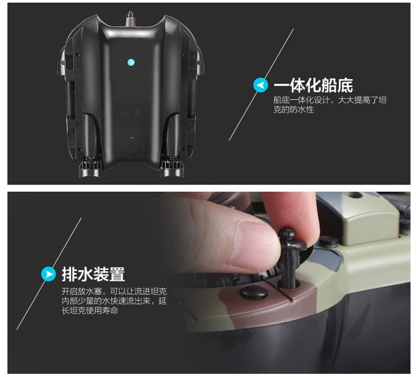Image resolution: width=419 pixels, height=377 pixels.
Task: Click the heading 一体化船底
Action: tap(313, 86)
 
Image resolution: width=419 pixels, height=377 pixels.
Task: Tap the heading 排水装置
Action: tap(93, 274)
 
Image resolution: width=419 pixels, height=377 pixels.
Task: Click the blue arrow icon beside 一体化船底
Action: tap(260, 85)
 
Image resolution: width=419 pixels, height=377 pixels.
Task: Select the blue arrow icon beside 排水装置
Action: tap(49, 274)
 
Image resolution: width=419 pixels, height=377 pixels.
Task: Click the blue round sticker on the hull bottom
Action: tap(131, 62)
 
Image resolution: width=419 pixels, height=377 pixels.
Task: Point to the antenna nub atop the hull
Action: tap(131, 19)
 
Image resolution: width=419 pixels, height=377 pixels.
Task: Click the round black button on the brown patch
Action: tap(254, 292)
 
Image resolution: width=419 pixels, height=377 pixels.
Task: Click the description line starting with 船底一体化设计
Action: tap(330, 100)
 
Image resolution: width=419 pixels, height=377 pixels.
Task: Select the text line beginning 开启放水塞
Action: tap(114, 291)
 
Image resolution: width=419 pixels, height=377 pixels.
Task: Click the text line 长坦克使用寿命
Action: tap(90, 310)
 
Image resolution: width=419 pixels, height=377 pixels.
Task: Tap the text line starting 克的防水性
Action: tap(293, 110)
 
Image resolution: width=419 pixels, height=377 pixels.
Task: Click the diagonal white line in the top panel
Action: tap(261, 84)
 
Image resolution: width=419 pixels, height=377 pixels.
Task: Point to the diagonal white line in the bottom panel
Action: tap(49, 274)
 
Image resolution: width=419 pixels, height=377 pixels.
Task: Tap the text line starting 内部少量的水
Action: tap(114, 301)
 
